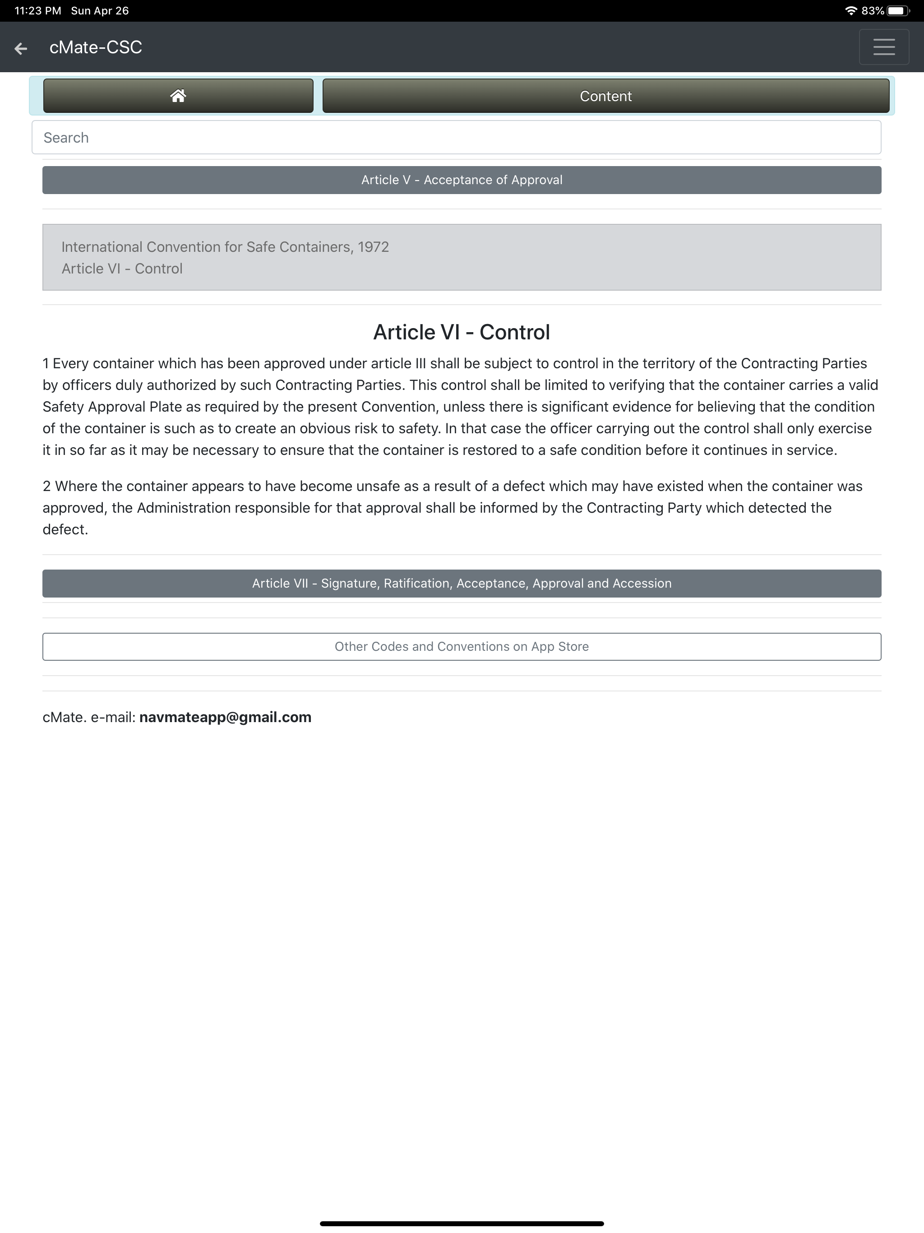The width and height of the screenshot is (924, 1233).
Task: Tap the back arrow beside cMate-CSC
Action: (21, 48)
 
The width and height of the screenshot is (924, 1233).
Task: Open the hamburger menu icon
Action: (883, 47)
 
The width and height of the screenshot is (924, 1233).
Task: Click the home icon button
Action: (178, 96)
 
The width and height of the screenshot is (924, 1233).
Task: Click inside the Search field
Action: (456, 138)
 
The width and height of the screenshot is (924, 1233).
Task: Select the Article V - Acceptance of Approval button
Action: (462, 180)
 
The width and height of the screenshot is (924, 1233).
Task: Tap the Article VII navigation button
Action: (462, 584)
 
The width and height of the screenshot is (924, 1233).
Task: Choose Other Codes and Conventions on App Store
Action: (462, 647)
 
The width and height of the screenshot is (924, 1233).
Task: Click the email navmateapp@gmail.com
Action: (225, 718)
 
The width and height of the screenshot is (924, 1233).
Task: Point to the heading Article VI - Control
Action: (462, 332)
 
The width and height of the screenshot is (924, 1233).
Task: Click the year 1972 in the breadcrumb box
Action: (373, 247)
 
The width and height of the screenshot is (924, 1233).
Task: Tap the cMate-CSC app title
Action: (96, 47)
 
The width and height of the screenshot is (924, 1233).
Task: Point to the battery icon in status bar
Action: (897, 10)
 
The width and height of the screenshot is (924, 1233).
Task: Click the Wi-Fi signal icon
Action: (850, 10)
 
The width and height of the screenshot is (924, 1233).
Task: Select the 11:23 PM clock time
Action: (37, 10)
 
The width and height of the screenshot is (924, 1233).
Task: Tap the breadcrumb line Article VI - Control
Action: (122, 269)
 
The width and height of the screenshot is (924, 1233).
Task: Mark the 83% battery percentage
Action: (872, 10)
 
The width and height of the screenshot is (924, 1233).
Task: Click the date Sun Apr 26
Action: (100, 10)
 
